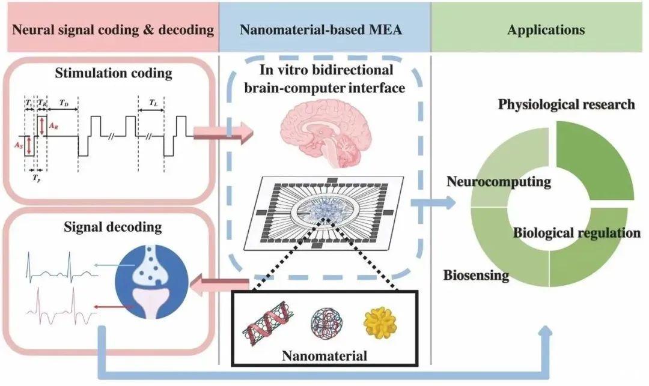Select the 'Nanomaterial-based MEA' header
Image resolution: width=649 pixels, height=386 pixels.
pos(325,30)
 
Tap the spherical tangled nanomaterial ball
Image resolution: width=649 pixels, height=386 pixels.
pos(325,324)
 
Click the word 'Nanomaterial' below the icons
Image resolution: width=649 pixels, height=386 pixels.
pos(325,355)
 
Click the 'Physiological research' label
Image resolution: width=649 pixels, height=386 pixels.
pos(566,105)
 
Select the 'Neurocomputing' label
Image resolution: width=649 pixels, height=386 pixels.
pos(499,182)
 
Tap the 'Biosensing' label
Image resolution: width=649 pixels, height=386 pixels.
pos(477,276)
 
